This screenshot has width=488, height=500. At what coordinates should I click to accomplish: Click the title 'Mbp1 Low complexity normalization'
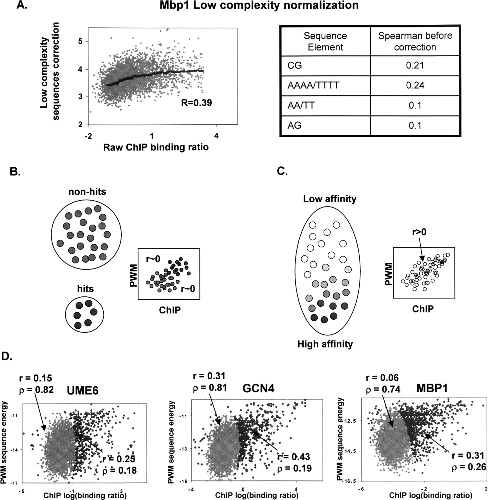click(259, 5)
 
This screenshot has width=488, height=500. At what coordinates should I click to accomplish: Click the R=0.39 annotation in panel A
click(196, 103)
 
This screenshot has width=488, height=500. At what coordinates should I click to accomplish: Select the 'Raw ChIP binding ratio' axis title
click(156, 147)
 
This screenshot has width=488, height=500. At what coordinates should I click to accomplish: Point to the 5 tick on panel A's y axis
click(83, 41)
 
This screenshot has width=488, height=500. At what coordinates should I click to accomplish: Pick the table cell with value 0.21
click(415, 65)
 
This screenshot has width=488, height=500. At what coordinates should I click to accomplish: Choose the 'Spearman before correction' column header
click(415, 41)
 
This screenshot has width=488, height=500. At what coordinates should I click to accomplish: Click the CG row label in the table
click(295, 65)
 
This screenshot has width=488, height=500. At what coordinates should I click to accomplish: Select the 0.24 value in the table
click(415, 85)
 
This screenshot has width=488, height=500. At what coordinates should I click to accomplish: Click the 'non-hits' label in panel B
click(87, 191)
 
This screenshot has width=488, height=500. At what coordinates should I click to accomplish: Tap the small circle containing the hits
click(84, 315)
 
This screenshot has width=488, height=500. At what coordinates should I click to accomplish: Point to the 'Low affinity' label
click(329, 199)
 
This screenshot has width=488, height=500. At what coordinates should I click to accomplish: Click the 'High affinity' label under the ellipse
click(325, 344)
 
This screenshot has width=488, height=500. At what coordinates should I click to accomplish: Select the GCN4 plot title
click(258, 388)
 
